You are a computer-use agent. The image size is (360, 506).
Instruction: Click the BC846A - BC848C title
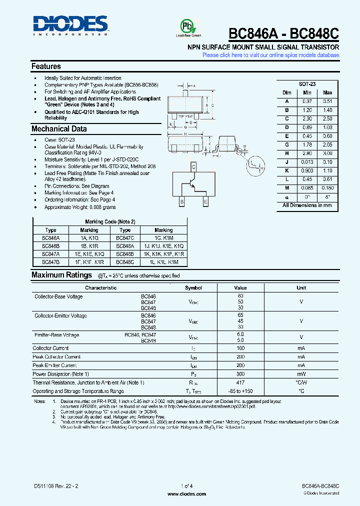click(283, 33)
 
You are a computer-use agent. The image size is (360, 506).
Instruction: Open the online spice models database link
click(270, 55)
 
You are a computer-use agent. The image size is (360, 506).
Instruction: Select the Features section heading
click(46, 66)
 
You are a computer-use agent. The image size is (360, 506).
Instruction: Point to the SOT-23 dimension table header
click(307, 84)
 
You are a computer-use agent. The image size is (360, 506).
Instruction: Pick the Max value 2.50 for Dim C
click(327, 118)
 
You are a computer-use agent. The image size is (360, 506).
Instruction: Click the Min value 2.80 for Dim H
click(307, 153)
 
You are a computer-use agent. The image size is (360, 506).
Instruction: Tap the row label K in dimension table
click(287, 170)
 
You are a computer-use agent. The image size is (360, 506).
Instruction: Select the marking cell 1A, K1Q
click(90, 239)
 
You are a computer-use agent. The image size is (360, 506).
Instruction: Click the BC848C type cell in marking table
click(125, 261)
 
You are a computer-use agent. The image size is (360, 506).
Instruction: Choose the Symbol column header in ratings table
click(193, 288)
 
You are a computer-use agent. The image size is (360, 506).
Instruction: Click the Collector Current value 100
click(240, 348)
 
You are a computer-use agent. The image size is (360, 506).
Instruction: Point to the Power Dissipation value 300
click(240, 374)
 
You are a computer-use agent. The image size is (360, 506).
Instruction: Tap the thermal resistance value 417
click(240, 382)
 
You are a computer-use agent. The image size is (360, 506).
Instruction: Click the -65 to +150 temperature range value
click(240, 391)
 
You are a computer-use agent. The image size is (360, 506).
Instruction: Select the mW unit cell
click(301, 374)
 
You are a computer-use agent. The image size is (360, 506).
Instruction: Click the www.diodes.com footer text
click(186, 494)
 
